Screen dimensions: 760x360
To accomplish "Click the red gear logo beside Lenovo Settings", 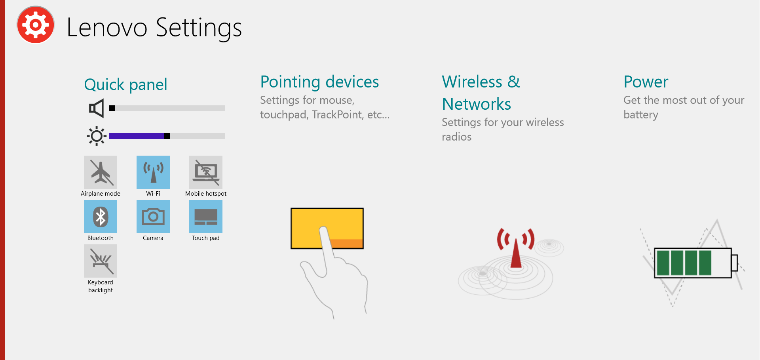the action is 36,25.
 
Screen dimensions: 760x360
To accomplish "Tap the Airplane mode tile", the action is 101,172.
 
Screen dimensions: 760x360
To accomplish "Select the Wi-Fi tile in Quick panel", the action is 153,172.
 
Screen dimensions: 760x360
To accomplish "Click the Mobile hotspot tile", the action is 206,172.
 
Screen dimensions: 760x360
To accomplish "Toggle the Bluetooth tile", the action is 101,217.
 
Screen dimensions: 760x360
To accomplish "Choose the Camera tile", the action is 153,217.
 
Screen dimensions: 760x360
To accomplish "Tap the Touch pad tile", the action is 206,217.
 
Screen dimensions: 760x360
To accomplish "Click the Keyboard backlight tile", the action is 101,261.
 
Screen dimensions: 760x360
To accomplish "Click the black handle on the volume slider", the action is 112,108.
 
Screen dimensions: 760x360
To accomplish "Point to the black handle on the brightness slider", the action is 167,136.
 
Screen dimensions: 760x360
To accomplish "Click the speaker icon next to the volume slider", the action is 97,108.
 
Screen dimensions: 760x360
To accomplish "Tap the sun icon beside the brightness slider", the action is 97,136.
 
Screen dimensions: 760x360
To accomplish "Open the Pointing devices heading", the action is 319,82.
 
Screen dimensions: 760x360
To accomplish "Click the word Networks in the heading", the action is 477,104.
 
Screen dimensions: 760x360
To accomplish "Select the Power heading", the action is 646,82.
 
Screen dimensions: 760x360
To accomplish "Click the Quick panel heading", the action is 126,85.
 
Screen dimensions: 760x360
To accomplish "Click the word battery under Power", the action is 641,115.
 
